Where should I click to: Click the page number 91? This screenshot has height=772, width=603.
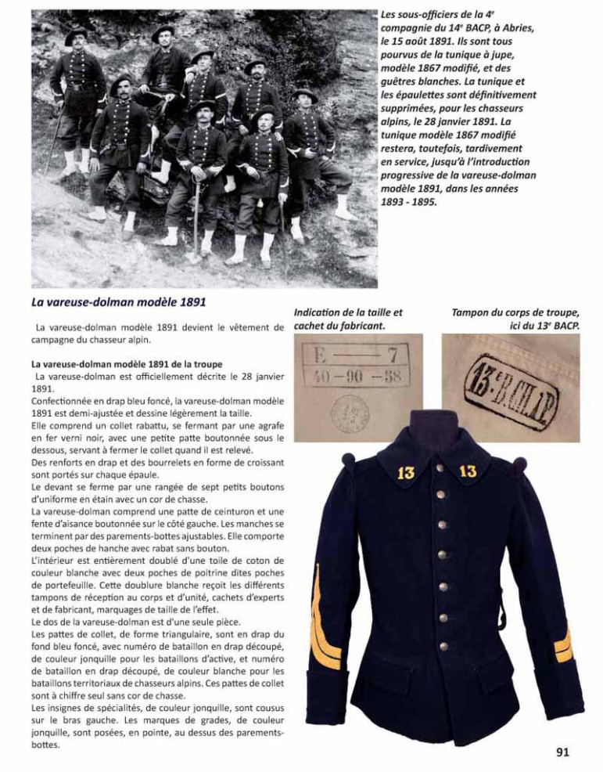(562, 752)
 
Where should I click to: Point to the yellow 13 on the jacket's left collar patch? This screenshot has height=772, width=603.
(406, 472)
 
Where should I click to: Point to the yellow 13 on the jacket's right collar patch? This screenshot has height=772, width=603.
(468, 472)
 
